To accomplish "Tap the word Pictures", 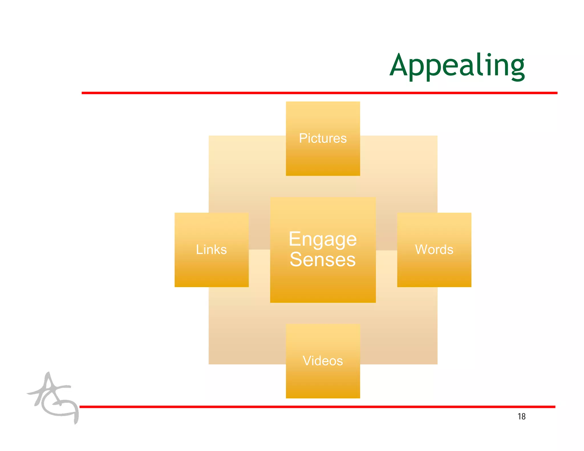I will tap(323, 138).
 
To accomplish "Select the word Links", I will tap(211, 249).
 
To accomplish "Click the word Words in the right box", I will tap(434, 249).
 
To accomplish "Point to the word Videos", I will tap(323, 361).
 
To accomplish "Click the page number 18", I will tap(521, 417).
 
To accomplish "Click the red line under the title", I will tap(319, 93).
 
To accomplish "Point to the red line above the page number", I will tap(317, 407).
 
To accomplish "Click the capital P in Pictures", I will tap(303, 138).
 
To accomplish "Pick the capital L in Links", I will tap(199, 249).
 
